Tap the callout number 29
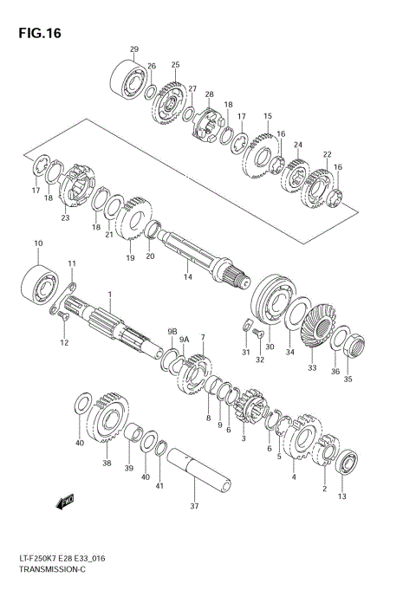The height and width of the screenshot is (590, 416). pos(133,49)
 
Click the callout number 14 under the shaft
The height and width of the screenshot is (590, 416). pos(187,276)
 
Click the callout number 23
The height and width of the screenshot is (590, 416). pos(65,218)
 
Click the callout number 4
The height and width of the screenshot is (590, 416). pos(293,477)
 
